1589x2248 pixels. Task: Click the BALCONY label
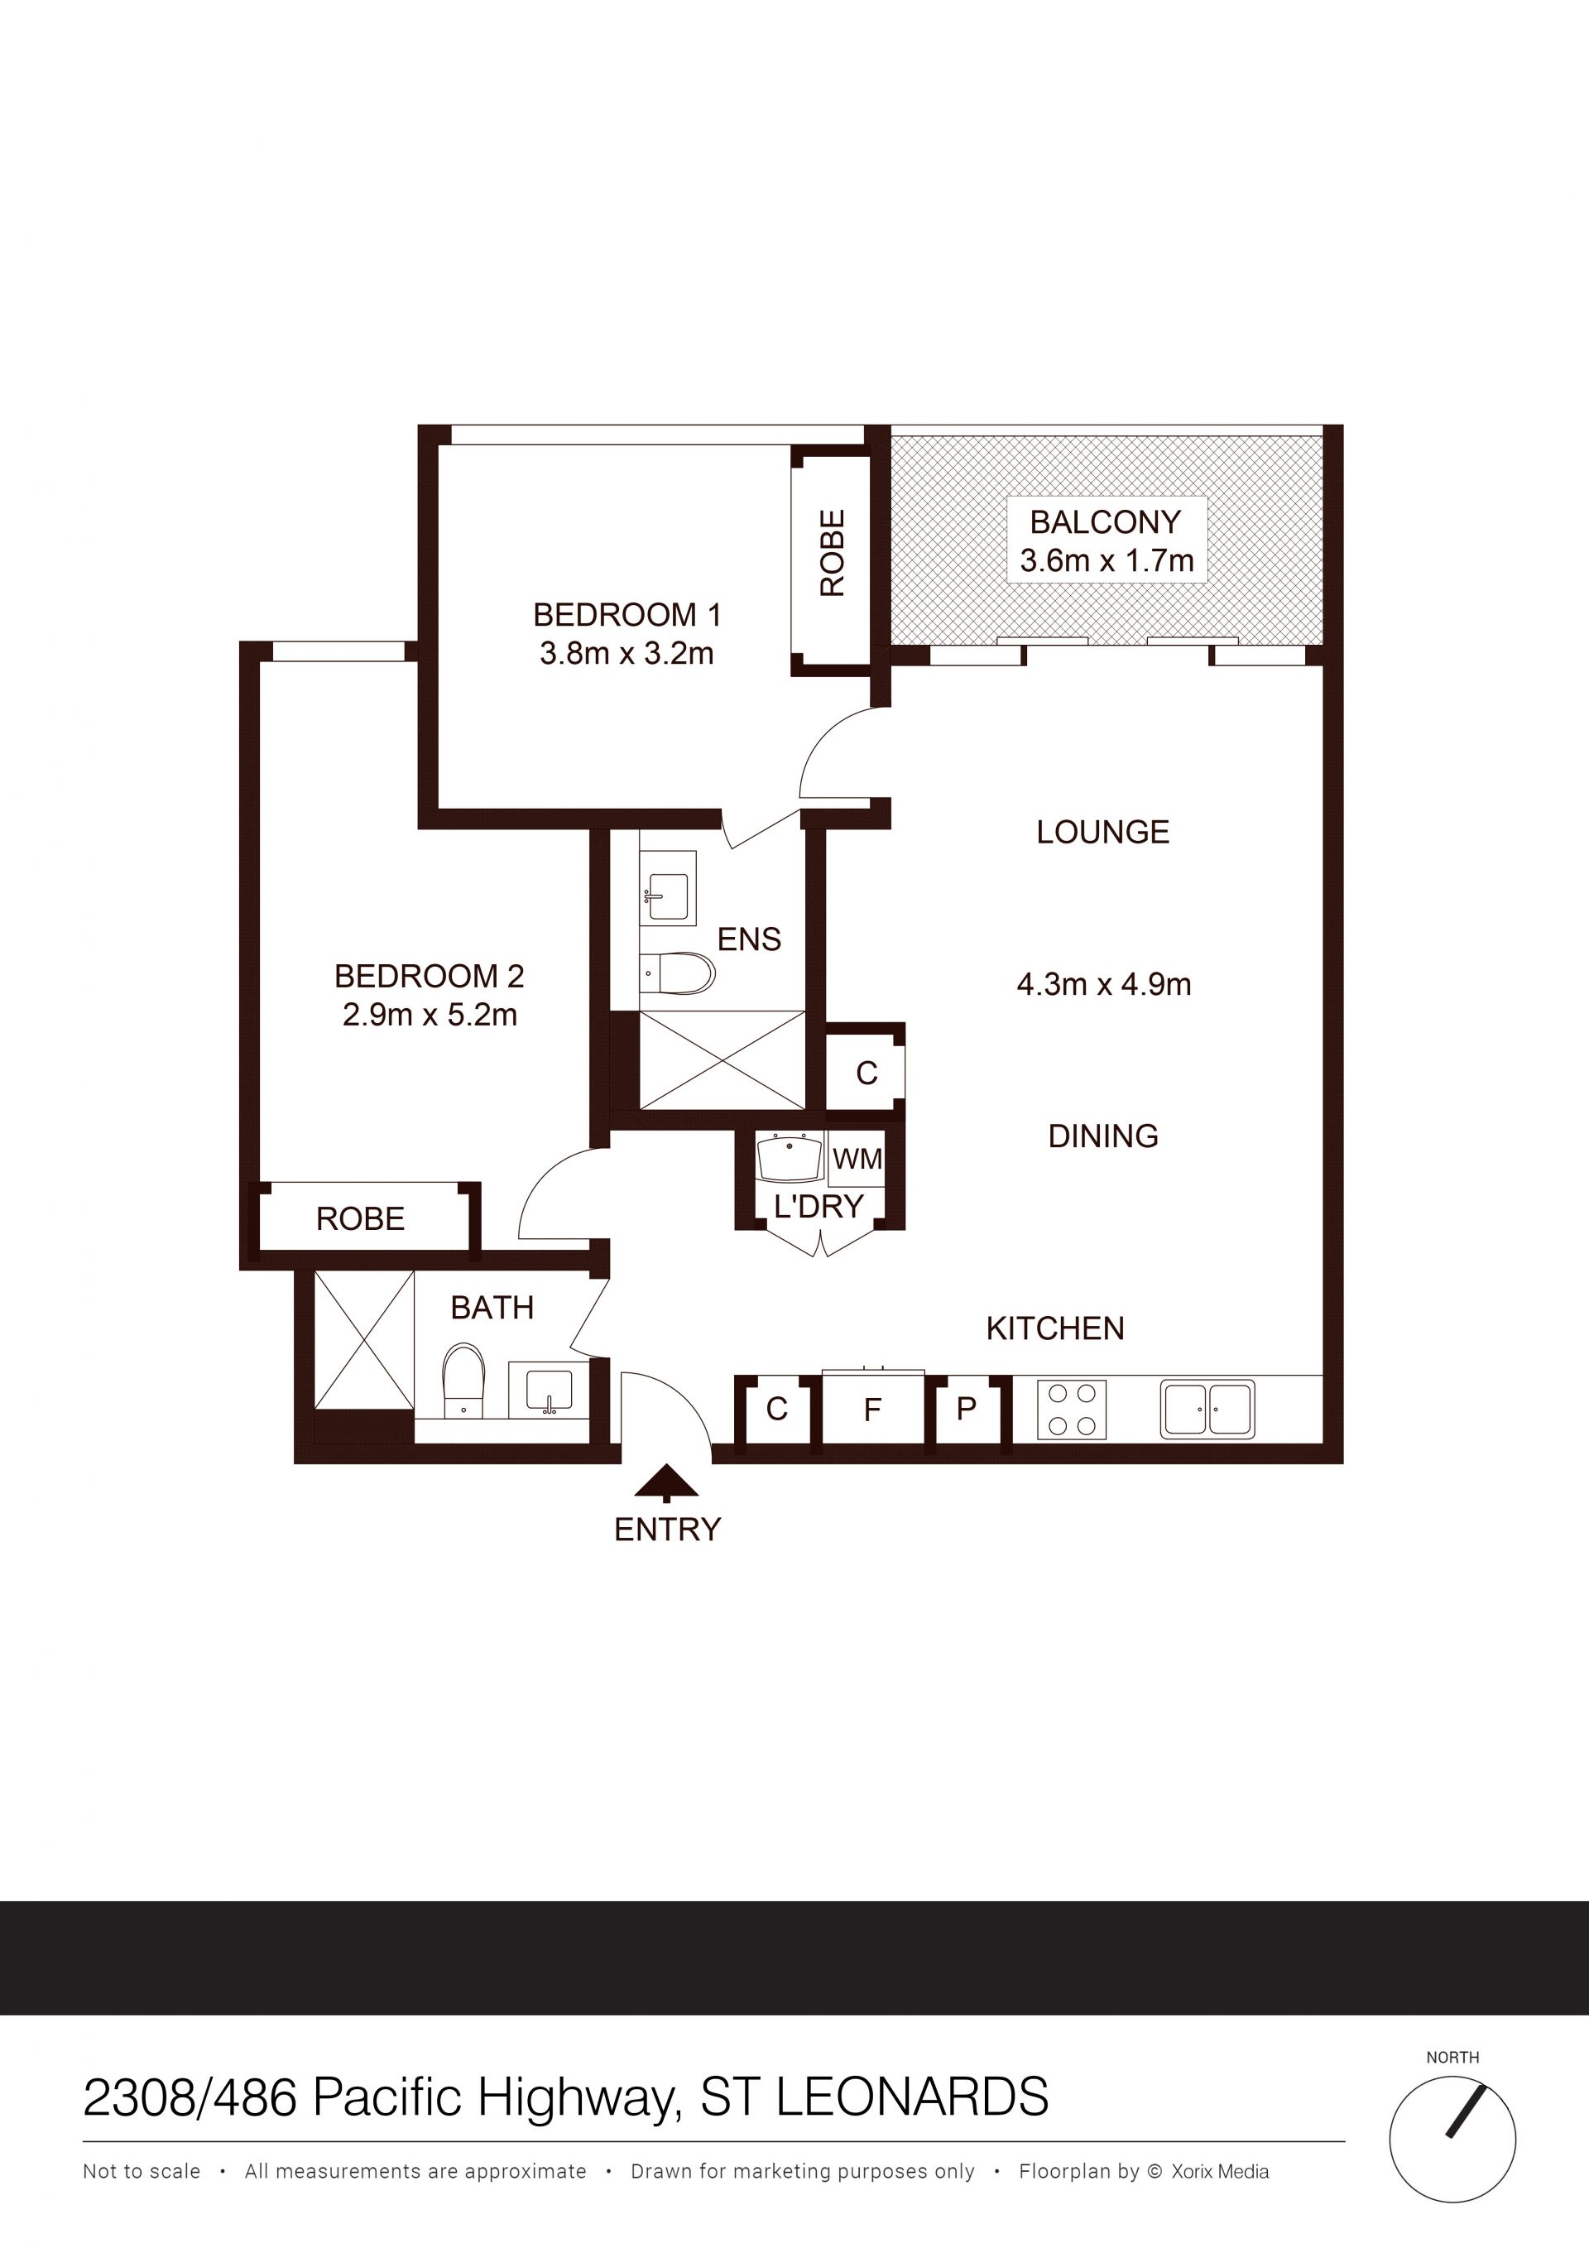(1106, 521)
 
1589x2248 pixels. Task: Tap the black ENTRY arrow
(667, 1483)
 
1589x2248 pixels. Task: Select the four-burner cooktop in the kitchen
(1072, 1410)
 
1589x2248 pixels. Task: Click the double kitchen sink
(1207, 1410)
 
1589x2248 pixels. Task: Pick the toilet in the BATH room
(464, 1380)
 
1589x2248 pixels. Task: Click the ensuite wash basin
(668, 888)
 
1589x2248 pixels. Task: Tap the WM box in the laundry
(857, 1160)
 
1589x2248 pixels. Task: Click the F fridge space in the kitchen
(872, 1409)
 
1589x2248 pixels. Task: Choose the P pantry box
(967, 1409)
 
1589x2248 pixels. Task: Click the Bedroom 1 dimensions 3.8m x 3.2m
(626, 653)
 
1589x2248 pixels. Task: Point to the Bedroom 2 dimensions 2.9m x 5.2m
(430, 1015)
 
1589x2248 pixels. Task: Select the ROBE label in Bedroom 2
(360, 1219)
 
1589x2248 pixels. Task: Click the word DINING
(1103, 1136)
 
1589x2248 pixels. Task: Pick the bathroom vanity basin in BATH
(548, 1391)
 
